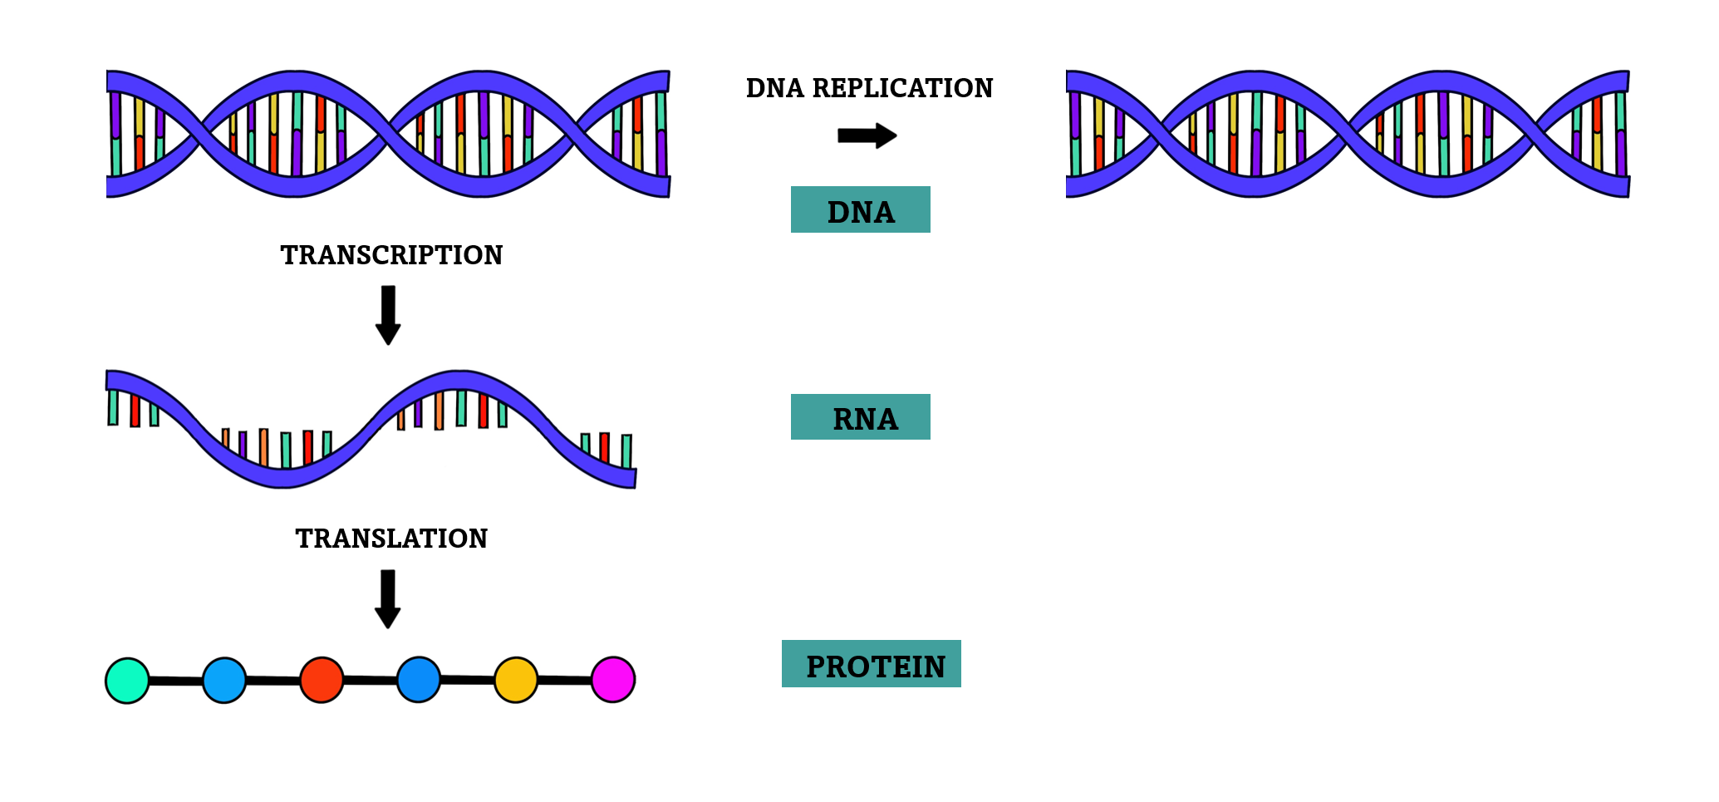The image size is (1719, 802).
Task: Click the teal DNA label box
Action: pyautogui.click(x=860, y=209)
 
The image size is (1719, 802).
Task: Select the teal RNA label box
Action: pyautogui.click(x=860, y=416)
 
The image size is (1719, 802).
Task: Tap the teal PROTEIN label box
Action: pyautogui.click(x=871, y=663)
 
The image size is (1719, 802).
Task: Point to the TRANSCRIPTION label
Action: pyautogui.click(x=391, y=255)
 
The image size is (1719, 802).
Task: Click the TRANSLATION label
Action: pyautogui.click(x=391, y=539)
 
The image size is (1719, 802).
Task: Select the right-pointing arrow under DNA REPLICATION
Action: pyautogui.click(x=867, y=135)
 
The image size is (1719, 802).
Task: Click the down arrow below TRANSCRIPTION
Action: pyautogui.click(x=388, y=314)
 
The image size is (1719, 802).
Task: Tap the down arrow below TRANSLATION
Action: pyautogui.click(x=388, y=598)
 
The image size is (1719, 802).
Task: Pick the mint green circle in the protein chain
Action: pyautogui.click(x=127, y=681)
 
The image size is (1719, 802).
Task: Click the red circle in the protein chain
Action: pyautogui.click(x=322, y=680)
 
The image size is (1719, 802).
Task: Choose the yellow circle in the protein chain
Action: pyautogui.click(x=516, y=680)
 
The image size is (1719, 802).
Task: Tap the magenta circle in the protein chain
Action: pyautogui.click(x=613, y=680)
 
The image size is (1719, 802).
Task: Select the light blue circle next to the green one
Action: pyautogui.click(x=224, y=680)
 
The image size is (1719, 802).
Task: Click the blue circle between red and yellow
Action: pyautogui.click(x=419, y=680)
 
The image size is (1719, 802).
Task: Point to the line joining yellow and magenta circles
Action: pyautogui.click(x=565, y=681)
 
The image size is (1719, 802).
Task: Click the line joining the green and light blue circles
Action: pyautogui.click(x=176, y=681)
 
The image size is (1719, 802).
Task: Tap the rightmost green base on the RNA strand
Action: pyautogui.click(x=626, y=451)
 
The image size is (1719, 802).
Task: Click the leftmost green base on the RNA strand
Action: pyautogui.click(x=113, y=407)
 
